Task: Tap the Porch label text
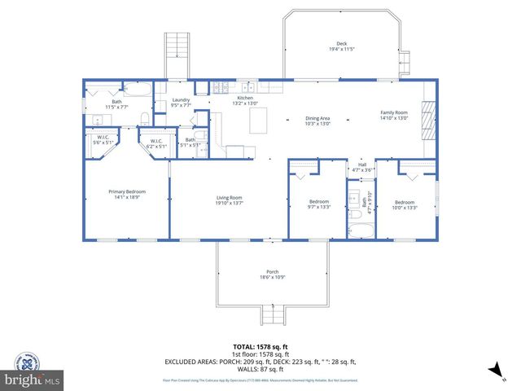pos(272,274)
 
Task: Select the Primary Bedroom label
pos(126,194)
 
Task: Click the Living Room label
pos(230,200)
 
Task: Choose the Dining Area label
pos(317,120)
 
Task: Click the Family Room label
pos(394,115)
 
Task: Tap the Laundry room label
pos(181,102)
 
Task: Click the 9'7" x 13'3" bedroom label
pos(319,204)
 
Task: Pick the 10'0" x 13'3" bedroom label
pos(405,204)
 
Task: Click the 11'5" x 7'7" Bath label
pos(117,104)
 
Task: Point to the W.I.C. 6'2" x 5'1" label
pos(156,143)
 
